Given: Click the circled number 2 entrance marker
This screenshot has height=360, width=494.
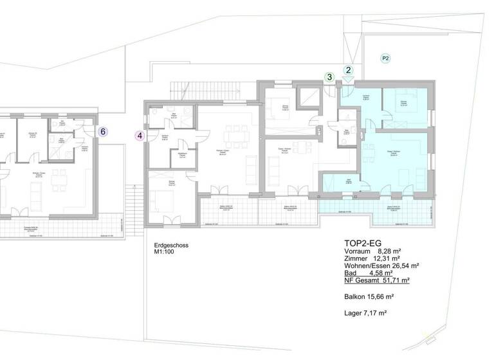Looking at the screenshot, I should tap(349, 70).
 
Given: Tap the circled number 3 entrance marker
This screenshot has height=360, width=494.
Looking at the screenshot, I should tap(329, 77).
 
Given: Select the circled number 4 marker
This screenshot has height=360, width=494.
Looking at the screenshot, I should tap(140, 135).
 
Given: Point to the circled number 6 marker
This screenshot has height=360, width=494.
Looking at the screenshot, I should tap(103, 131).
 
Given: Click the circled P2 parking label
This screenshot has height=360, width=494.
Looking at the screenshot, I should tap(385, 59).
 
